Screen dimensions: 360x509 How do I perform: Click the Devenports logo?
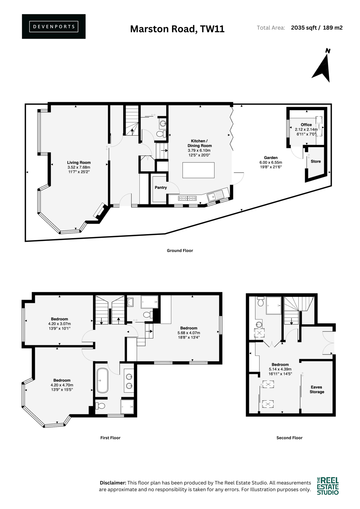click(54, 27)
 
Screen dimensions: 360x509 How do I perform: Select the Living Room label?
click(79, 162)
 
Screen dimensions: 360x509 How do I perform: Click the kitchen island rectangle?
click(199, 170)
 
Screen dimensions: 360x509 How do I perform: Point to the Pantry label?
click(161, 188)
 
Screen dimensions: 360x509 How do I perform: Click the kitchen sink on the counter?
click(215, 195)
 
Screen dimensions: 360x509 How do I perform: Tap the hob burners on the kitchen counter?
click(187, 198)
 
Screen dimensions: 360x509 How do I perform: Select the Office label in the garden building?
click(306, 125)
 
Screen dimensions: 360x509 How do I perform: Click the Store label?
click(316, 161)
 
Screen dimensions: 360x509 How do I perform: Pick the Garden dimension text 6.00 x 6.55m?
click(271, 162)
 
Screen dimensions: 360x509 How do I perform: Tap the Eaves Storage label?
click(317, 389)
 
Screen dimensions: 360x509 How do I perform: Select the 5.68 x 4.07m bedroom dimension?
click(189, 333)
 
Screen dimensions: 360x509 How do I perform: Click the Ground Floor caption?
click(180, 251)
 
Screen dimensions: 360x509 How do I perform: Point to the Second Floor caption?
click(289, 438)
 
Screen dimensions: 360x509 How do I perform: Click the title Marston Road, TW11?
click(177, 29)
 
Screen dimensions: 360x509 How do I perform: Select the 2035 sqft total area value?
click(304, 28)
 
